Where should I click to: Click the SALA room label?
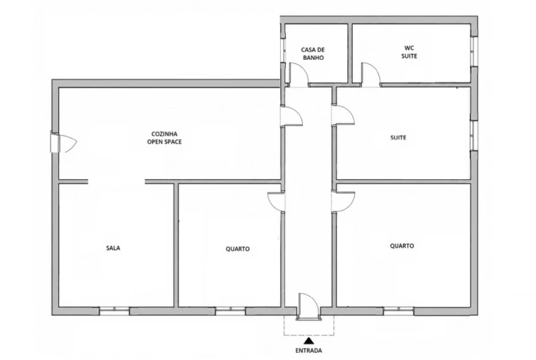pos(113,248)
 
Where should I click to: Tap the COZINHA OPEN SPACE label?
pos(164,138)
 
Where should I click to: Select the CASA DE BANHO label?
pos(313,54)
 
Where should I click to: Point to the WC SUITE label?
pos(409,52)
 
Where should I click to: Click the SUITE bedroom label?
pos(398,137)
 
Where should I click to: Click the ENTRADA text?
pos(309,351)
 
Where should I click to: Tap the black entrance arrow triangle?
pos(309,341)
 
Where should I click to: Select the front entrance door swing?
pos(309,306)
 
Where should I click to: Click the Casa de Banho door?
pos(299,75)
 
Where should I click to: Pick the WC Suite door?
pos(370,75)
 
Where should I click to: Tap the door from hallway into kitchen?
pos(291,117)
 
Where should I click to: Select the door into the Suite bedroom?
pos(343,116)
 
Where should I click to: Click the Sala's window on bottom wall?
pos(114,311)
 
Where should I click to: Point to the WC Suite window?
pos(473,51)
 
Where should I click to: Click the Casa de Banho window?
pos(283,51)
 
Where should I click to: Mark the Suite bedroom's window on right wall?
pos(473,135)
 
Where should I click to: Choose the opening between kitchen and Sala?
pos(117,181)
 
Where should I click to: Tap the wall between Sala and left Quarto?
pos(176,245)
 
